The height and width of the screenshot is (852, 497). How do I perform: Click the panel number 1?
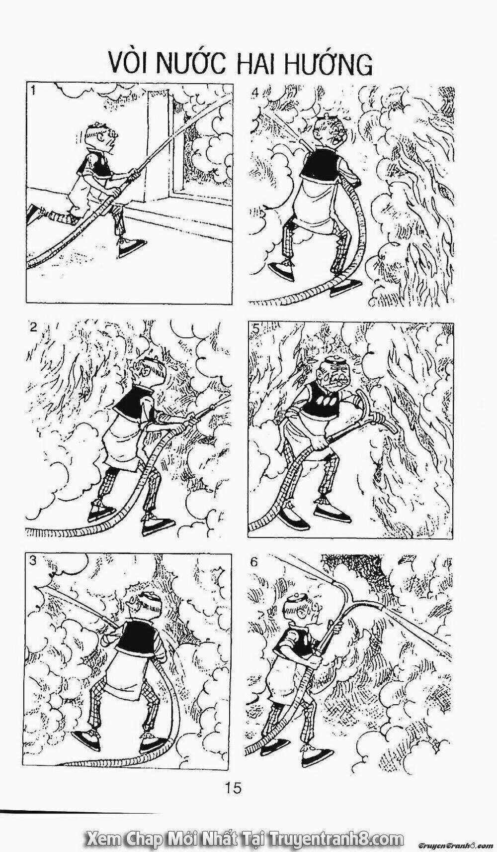32,91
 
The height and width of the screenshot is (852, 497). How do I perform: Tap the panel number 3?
33,560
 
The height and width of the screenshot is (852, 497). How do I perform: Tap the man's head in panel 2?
147,375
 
